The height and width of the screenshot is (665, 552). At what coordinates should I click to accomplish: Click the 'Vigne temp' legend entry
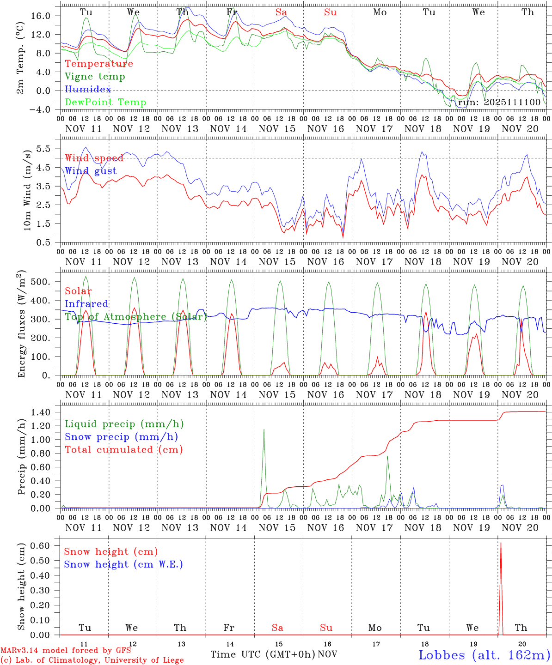tap(95, 77)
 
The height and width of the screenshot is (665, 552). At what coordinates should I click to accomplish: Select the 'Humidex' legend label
tap(88, 90)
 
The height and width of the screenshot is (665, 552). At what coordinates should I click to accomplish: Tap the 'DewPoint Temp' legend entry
tap(105, 103)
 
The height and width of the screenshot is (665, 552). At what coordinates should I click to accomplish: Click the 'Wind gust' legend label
tap(91, 171)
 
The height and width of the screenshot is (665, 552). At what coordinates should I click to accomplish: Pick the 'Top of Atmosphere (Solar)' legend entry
tap(135, 317)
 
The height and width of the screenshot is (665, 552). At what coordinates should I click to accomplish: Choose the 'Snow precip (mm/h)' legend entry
tap(121, 437)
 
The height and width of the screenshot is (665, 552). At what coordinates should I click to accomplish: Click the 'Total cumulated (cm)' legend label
tap(123, 450)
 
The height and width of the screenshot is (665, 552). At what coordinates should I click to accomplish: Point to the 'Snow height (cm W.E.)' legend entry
tap(123, 564)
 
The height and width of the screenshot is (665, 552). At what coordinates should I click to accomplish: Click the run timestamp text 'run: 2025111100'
tap(499, 103)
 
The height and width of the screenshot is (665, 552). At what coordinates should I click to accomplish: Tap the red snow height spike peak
tap(501, 543)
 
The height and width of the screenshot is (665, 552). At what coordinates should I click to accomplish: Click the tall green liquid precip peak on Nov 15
tap(264, 430)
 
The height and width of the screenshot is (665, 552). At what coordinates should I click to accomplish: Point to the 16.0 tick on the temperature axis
tap(46, 16)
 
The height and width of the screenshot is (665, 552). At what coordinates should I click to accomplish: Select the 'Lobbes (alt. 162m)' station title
tap(484, 655)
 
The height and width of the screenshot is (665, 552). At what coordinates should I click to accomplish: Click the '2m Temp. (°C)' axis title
tap(21, 57)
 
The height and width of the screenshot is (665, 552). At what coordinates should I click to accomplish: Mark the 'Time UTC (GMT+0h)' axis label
tap(263, 654)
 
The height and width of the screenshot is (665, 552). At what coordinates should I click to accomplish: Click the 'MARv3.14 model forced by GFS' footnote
tap(65, 650)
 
